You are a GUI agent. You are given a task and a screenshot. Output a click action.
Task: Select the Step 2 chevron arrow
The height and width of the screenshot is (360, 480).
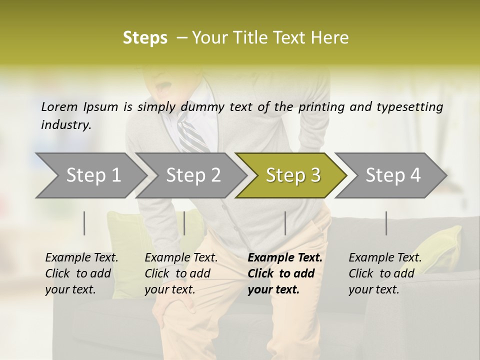pyautogui.click(x=192, y=175)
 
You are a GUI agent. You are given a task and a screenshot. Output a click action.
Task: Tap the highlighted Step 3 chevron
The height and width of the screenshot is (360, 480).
pyautogui.click(x=292, y=175)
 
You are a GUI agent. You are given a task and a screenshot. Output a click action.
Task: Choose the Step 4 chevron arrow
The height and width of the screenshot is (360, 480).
pyautogui.click(x=392, y=175)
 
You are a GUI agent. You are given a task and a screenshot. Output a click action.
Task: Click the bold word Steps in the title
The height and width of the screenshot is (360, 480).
pyautogui.click(x=145, y=37)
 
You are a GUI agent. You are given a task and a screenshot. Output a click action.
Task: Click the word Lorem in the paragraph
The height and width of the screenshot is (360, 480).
pyautogui.click(x=59, y=106)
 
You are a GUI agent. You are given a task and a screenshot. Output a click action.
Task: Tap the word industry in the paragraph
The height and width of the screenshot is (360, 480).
pyautogui.click(x=65, y=125)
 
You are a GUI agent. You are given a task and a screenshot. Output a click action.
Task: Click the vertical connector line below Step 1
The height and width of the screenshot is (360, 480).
pyautogui.click(x=84, y=223)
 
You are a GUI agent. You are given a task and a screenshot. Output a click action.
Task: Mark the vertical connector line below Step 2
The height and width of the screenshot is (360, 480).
pyautogui.click(x=184, y=223)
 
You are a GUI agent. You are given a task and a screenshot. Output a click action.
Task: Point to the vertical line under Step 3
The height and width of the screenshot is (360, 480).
pyautogui.click(x=285, y=223)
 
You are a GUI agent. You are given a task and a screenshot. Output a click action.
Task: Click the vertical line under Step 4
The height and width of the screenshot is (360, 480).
pyautogui.click(x=386, y=223)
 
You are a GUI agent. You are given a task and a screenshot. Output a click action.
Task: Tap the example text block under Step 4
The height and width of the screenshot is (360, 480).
pyautogui.click(x=385, y=273)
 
